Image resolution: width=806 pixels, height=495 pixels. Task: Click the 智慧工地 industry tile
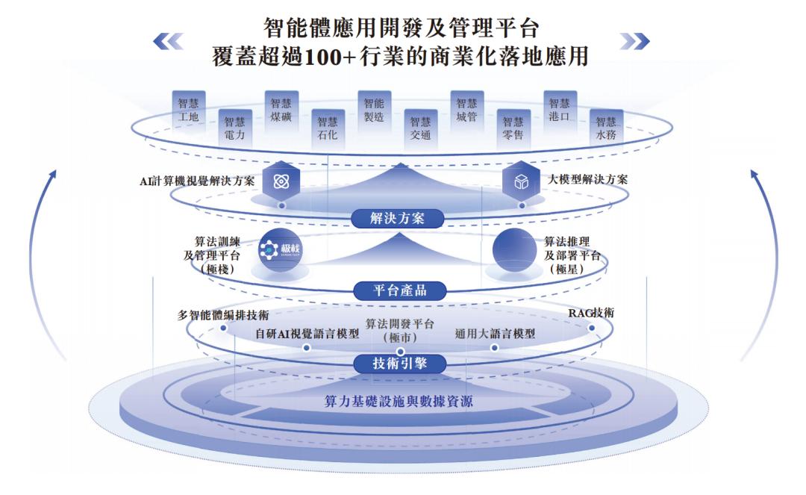click(x=189, y=110)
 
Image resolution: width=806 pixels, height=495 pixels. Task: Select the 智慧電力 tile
click(x=234, y=128)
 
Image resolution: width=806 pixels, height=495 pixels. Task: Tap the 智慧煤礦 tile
click(x=281, y=110)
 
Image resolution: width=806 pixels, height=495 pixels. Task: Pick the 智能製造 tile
click(x=374, y=110)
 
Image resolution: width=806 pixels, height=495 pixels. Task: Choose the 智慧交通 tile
click(x=420, y=128)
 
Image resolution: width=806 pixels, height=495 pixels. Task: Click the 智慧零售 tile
click(x=513, y=128)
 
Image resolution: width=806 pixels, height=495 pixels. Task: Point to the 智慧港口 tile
click(x=559, y=110)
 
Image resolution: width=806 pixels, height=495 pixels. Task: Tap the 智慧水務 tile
click(x=606, y=128)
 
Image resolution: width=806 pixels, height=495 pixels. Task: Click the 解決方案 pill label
click(x=398, y=218)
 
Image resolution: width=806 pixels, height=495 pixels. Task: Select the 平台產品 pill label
click(x=399, y=290)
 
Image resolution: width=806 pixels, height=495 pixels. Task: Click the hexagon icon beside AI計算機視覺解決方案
click(x=281, y=181)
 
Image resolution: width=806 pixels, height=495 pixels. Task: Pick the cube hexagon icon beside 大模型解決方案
click(x=521, y=181)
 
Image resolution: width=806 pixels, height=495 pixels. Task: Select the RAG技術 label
click(x=591, y=314)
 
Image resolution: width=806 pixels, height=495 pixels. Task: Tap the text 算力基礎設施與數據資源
click(x=398, y=402)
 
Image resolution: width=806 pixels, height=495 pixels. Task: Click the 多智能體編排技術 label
click(x=223, y=315)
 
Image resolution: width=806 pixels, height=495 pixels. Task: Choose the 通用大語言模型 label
click(x=495, y=334)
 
